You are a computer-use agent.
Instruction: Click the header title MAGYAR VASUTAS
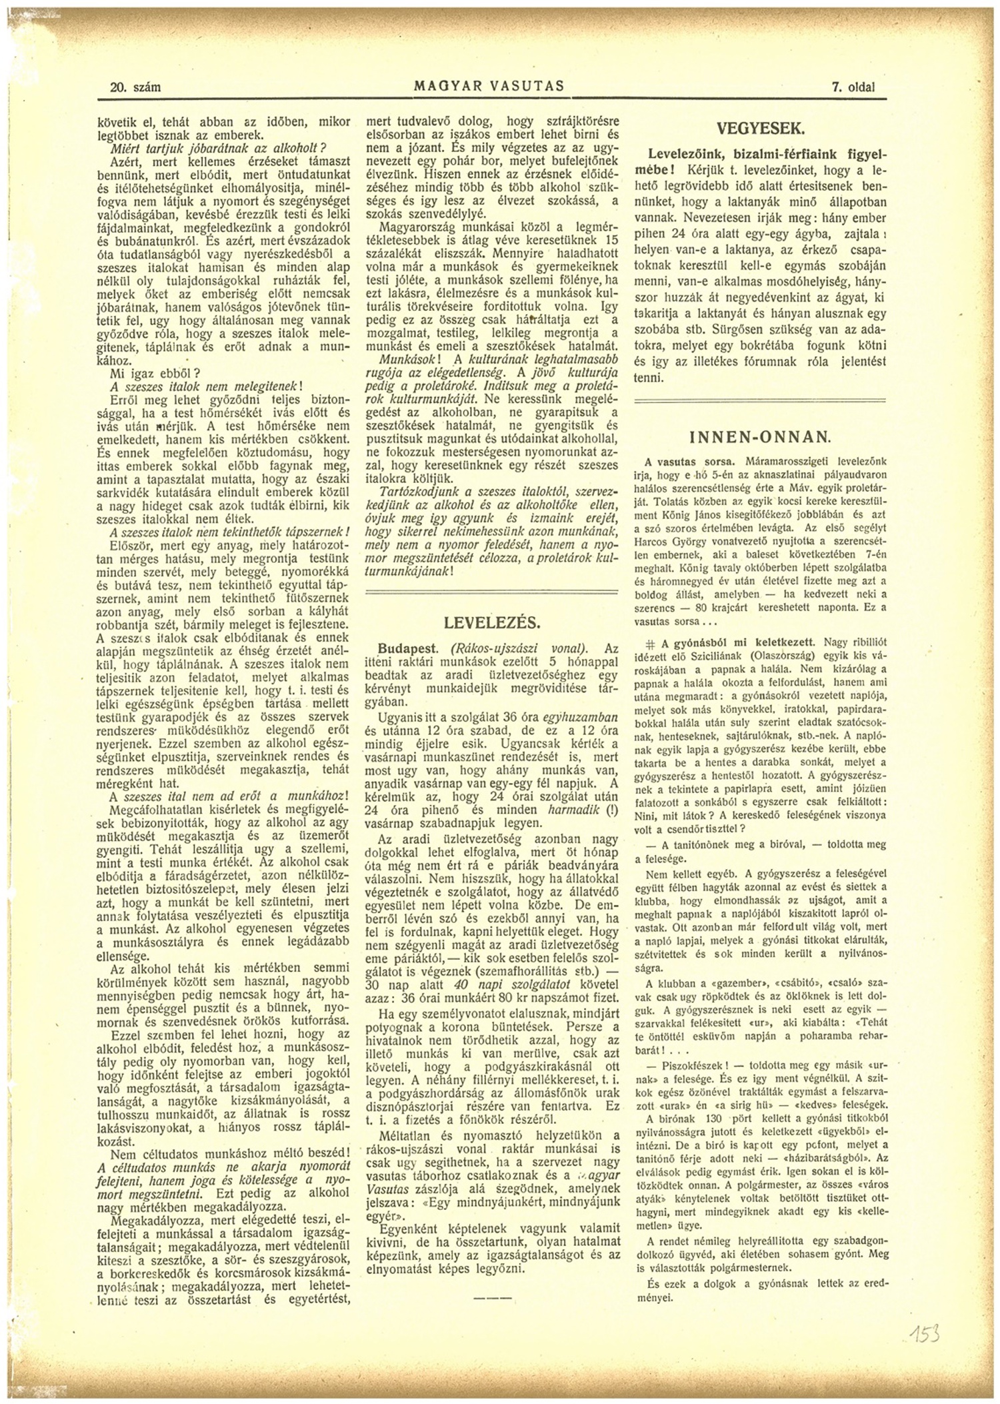489,86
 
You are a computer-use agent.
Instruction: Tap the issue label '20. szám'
135,87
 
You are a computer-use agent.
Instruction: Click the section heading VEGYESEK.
760,129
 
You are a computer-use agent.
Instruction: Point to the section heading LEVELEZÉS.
492,623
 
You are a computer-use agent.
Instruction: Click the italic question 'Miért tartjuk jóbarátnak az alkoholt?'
211,147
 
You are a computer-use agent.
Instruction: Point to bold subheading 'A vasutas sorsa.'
680,461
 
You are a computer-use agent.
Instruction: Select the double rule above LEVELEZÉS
492,592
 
